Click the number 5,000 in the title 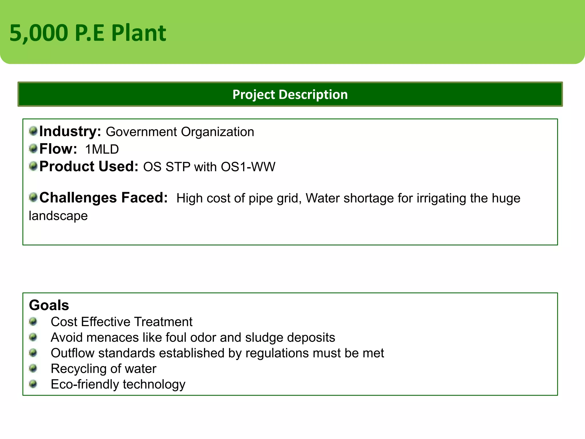coord(39,33)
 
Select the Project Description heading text coord(290,95)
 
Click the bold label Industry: coord(70,131)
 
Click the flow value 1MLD coord(102,149)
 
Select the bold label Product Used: coord(89,167)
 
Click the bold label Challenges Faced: coord(103,198)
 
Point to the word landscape coord(58,216)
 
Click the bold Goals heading coord(49,305)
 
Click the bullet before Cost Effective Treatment coord(33,322)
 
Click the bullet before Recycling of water coord(33,368)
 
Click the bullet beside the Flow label coord(33,148)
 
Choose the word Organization coord(217,132)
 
